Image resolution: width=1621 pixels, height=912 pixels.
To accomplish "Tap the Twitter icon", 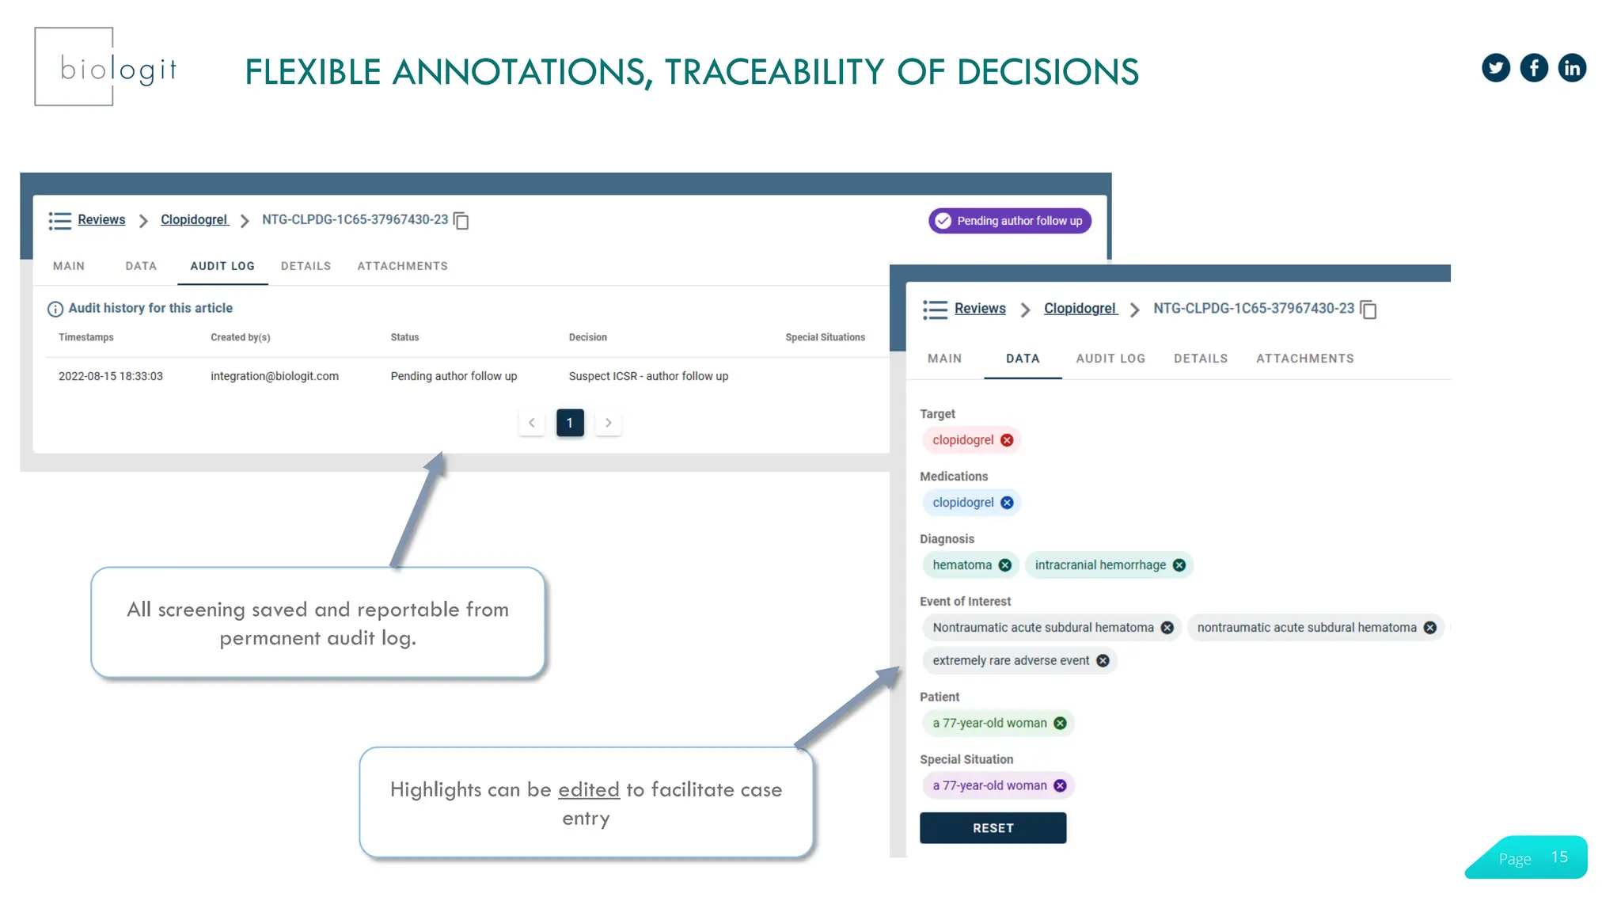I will click(x=1495, y=68).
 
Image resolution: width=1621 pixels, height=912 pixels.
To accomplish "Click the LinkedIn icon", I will click(x=1572, y=68).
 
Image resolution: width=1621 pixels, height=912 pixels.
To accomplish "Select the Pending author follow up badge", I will click(x=1009, y=221).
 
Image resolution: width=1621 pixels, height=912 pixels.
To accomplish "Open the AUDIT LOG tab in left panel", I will click(x=222, y=266).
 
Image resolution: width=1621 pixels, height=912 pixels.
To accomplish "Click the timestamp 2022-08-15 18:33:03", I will click(x=111, y=376).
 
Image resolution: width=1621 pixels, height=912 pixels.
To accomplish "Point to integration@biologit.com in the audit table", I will click(x=275, y=376).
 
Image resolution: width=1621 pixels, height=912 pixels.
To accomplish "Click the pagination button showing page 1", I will click(x=570, y=423).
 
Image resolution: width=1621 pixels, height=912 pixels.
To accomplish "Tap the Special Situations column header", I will click(x=825, y=337).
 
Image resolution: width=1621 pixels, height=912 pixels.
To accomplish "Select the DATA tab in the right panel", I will click(x=1023, y=359).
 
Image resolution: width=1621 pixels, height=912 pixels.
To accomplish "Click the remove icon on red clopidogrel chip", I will click(x=1007, y=440).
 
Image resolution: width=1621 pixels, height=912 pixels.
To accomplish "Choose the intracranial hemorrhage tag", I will click(x=1100, y=565).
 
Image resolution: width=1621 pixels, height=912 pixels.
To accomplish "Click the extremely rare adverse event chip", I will click(x=1011, y=660).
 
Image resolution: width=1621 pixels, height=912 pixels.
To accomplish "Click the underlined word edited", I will click(x=589, y=789).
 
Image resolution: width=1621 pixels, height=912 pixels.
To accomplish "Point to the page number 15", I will click(x=1559, y=857).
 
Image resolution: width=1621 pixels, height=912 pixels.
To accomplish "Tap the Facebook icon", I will click(x=1534, y=68).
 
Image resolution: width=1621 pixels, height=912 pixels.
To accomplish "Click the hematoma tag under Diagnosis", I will click(x=962, y=565).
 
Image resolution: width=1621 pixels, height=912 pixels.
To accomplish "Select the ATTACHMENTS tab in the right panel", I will click(x=1304, y=359).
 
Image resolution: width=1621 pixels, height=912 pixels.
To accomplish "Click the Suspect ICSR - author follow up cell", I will click(x=648, y=376).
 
